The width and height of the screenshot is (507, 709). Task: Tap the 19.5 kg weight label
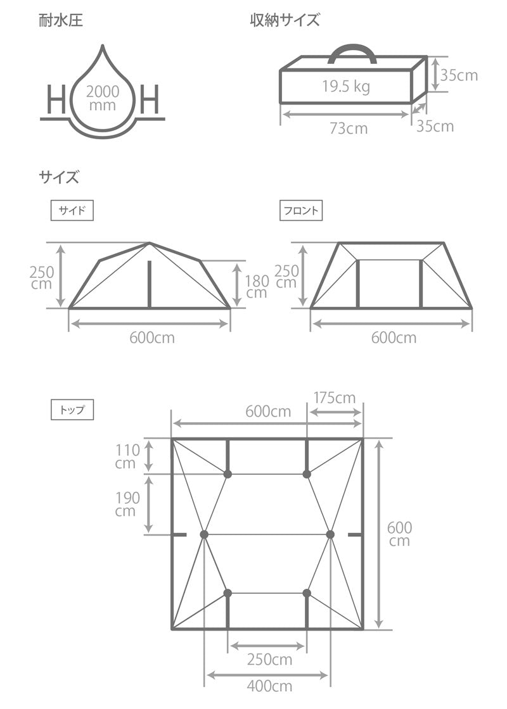345,87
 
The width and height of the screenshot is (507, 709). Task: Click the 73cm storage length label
348,128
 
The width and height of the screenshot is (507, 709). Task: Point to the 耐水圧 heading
60,20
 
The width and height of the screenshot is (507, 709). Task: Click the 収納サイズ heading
285,20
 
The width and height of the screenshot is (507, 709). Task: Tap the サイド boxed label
72,211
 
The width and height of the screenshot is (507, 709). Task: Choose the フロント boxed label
301,211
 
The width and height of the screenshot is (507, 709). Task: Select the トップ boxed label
72,410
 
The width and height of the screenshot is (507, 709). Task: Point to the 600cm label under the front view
394,337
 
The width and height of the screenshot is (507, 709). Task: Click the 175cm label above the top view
335,398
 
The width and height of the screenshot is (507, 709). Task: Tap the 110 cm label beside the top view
127,456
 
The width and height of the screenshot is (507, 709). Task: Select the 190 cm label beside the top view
127,504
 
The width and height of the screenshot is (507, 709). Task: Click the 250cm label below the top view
269,660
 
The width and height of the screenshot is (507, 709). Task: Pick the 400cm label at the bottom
269,686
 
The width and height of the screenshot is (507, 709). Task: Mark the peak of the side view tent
149,243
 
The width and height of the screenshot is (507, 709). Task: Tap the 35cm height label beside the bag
459,75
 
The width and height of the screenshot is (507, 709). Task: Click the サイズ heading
59,177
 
